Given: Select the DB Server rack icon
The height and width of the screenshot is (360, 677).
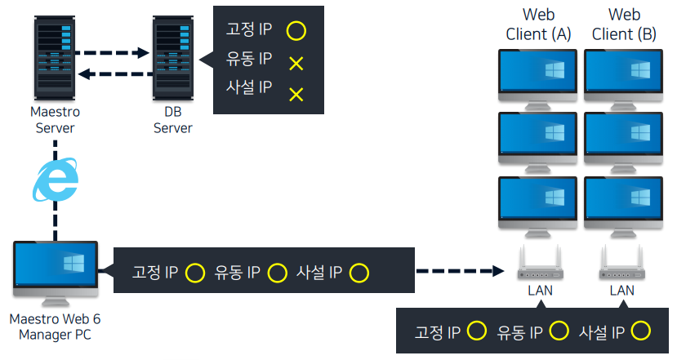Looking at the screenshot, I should (x=173, y=56).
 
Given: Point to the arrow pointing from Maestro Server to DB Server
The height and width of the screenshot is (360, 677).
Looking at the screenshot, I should (x=111, y=54).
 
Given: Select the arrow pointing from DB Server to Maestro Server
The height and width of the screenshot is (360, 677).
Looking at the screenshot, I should (x=111, y=75).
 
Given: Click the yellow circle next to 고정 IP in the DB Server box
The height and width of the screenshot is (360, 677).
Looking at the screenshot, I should (x=296, y=31).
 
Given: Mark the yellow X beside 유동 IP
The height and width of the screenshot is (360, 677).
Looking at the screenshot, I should (x=296, y=63).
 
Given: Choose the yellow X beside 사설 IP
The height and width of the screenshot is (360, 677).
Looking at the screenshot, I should (x=296, y=94).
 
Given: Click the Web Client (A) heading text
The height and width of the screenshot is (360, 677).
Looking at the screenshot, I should (x=538, y=24).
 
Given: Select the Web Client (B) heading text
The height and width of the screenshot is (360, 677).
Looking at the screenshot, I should (x=623, y=24).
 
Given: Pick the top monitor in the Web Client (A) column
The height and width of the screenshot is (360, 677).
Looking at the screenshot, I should (x=538, y=75).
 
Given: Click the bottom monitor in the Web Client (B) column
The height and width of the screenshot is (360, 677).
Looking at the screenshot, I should (x=623, y=202).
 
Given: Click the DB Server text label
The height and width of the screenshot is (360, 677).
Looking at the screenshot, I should (x=173, y=120).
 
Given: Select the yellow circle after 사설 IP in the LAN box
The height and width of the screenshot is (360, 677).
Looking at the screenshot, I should (x=640, y=331).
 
